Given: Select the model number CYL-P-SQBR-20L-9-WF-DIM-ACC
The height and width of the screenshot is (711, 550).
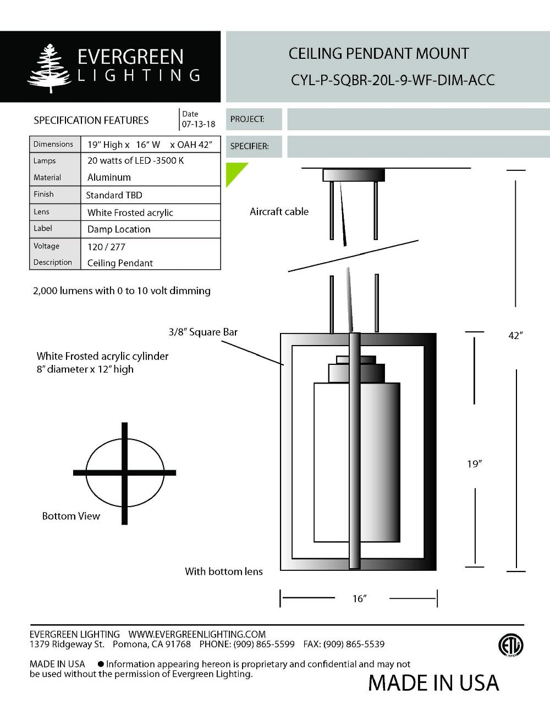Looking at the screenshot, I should (x=392, y=80).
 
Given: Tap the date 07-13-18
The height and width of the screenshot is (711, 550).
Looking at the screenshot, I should (x=198, y=124).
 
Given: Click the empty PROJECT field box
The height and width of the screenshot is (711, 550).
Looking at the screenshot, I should (x=418, y=119).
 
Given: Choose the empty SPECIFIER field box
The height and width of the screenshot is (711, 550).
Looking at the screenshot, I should (x=418, y=146).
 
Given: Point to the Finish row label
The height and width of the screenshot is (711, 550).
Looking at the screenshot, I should (x=43, y=194).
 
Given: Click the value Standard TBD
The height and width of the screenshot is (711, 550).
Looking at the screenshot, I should (x=114, y=195).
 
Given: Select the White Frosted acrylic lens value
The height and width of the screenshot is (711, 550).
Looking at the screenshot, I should (x=130, y=213).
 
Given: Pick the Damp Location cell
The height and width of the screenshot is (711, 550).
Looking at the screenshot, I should (x=119, y=229).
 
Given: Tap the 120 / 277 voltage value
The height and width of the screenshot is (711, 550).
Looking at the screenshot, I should (x=106, y=247).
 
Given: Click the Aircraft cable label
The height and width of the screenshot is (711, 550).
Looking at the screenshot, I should (x=279, y=212).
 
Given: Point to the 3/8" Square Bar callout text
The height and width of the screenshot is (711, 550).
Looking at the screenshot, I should (x=203, y=332).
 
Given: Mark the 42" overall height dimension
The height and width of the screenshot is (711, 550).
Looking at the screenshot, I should (x=515, y=335).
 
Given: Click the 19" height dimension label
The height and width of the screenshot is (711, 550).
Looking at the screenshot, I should (x=474, y=464).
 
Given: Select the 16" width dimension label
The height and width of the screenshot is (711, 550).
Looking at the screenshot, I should (x=359, y=598).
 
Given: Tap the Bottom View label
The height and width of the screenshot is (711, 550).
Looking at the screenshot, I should (x=71, y=516).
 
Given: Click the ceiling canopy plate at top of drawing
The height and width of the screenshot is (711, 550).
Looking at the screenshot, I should (x=353, y=175).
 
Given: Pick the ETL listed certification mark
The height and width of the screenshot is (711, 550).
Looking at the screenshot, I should (x=510, y=645).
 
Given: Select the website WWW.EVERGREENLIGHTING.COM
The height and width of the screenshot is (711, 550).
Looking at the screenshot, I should (x=197, y=634).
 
